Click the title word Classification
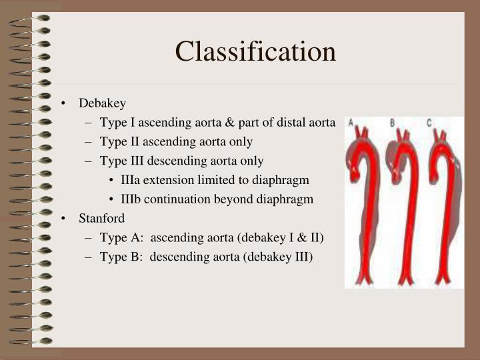256,51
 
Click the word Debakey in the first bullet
102,103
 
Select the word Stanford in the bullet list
102,218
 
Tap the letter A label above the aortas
350,122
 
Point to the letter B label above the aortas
392,122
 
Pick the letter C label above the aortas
430,122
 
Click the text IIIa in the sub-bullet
131,180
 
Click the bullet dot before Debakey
63,104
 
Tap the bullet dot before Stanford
63,219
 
